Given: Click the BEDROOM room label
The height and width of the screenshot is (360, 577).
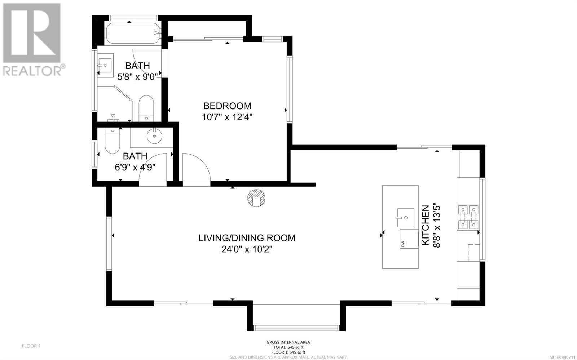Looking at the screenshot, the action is tap(227, 106).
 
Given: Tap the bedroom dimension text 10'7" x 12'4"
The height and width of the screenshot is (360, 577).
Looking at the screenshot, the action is tap(227, 117).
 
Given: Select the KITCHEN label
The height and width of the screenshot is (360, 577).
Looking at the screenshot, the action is tap(425, 225).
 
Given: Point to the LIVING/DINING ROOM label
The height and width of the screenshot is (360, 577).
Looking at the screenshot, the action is tap(247, 238).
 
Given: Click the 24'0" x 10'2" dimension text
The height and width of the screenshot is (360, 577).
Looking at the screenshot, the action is tap(247, 249).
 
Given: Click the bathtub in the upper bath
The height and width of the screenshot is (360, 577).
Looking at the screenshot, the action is tap(134, 34).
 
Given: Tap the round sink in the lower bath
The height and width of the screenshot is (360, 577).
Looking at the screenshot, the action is tap(155, 136).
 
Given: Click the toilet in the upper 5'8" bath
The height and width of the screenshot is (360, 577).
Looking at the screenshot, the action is tap(146, 108).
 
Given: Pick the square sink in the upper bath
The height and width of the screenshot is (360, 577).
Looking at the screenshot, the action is tap(105, 66).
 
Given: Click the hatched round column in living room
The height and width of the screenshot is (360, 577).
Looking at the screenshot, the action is tap(256, 198).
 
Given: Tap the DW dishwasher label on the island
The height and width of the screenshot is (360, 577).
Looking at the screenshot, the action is tap(403, 244).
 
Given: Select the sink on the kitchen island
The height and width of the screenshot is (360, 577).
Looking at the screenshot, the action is tap(406, 218).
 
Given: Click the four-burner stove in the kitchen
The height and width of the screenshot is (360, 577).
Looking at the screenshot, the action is tap(468, 217).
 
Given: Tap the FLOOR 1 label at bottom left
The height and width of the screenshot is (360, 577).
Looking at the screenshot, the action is tap(31, 346).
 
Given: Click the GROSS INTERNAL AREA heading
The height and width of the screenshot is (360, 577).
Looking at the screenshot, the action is tap(288, 342).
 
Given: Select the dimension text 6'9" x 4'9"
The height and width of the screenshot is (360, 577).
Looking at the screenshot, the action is tap(135, 168).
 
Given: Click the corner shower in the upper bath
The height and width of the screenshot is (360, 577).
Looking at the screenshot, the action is tap(115, 103).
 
